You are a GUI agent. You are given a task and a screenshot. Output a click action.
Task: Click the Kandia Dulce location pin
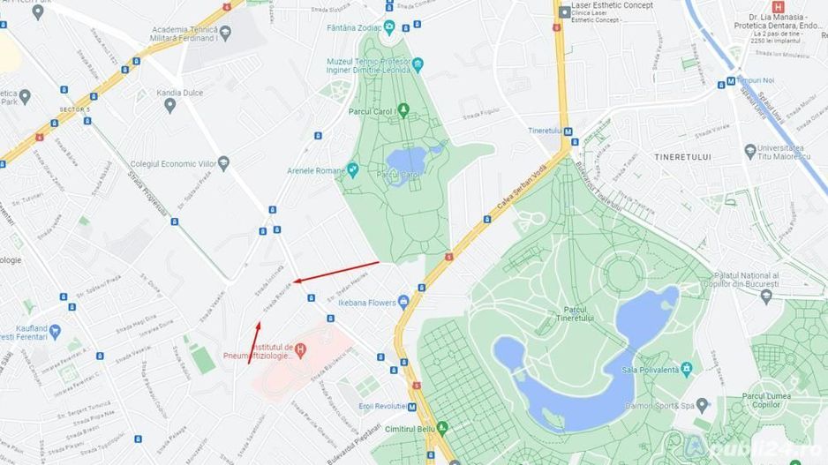coord(169,105)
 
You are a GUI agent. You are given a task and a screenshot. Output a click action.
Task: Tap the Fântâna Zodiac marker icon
coord(389,28)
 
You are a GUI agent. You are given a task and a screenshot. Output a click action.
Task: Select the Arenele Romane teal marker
coord(353,169)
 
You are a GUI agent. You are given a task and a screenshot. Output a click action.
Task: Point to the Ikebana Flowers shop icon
coord(403,302)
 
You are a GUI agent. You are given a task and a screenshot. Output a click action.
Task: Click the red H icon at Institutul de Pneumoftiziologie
coord(300,349)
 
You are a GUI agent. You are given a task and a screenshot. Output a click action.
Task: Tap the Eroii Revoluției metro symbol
coord(411,407)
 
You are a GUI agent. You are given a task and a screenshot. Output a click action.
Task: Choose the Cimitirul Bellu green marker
coord(443,427)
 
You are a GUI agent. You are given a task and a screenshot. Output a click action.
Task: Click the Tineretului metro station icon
coord(568,132)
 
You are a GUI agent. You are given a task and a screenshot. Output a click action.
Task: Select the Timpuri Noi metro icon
coord(721,83)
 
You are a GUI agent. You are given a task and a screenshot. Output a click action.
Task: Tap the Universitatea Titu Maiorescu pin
coord(749,151)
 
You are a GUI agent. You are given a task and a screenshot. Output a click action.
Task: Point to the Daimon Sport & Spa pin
coord(702,405)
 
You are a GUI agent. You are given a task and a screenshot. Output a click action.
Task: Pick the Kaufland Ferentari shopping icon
coord(56,332)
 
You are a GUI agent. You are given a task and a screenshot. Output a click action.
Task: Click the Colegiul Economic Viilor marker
coord(223,163)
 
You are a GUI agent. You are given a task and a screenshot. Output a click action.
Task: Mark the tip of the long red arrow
coord(294,281)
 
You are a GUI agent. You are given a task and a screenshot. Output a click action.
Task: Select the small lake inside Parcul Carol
coord(406,160)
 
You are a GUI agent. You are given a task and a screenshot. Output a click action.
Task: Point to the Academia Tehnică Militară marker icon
coord(225,33)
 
